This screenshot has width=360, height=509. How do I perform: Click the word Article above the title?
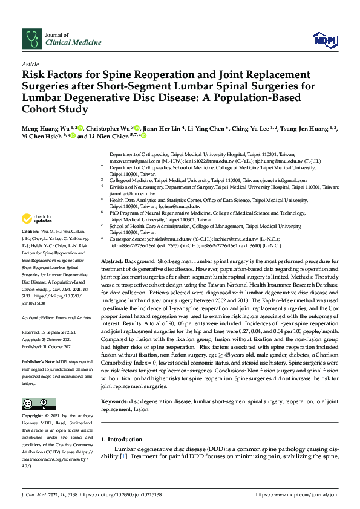tap(30, 63)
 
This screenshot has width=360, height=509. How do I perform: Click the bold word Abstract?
tap(113, 259)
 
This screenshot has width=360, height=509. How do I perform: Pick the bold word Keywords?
tap(114, 401)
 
